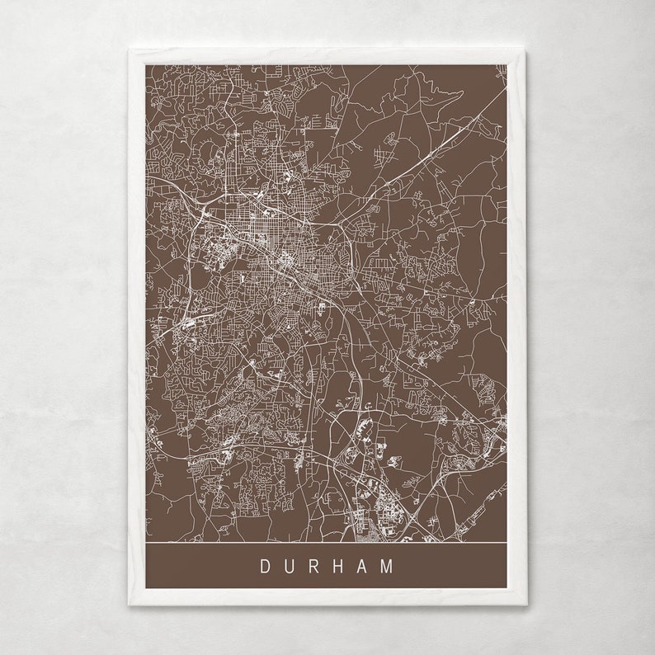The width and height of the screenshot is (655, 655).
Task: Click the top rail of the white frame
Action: point(327,56)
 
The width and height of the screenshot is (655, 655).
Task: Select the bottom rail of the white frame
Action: point(327,598)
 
